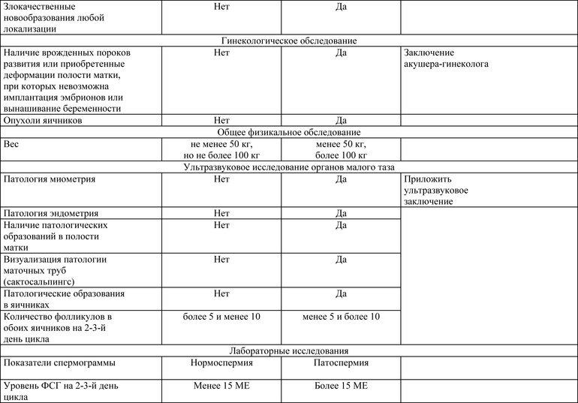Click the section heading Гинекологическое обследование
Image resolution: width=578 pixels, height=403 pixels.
289,41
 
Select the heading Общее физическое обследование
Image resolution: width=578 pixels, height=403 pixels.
289,132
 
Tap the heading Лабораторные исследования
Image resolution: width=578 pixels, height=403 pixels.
289,350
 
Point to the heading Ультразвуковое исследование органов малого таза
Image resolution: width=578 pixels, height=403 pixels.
289,167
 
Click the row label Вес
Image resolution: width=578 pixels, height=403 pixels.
12,144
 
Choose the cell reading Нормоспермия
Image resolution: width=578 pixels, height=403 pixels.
221,363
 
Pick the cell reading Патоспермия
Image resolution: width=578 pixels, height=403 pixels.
341,363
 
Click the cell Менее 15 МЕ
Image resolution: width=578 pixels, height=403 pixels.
221,386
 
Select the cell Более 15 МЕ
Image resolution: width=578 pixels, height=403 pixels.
341,386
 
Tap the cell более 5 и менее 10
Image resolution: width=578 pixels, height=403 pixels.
221,317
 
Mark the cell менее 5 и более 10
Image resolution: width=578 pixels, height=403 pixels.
341,317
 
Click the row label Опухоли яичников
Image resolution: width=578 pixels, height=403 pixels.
43,120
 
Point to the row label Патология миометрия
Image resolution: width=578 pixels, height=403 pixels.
50,180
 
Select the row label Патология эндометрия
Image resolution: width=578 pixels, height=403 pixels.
51,213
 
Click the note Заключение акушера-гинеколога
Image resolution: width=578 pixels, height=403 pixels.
446,59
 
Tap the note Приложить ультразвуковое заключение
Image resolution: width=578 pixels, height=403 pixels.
440,191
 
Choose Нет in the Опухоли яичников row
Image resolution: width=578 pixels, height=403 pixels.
221,120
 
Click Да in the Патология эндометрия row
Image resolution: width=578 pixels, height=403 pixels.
341,213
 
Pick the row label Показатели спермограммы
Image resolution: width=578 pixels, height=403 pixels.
59,363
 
